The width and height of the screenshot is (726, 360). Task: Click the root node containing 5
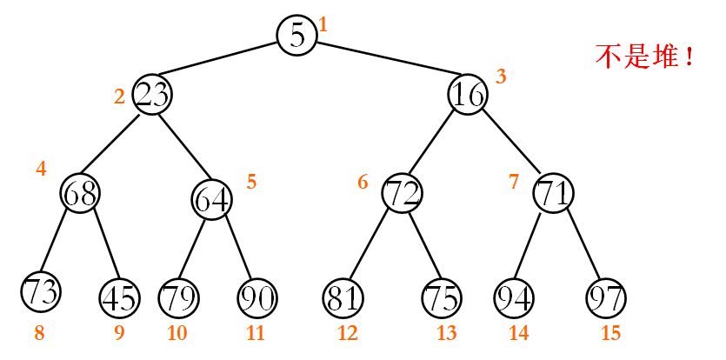[296, 35]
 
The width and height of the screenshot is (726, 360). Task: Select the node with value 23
[152, 94]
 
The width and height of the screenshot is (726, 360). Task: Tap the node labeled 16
[468, 94]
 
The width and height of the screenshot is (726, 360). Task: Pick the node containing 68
[80, 193]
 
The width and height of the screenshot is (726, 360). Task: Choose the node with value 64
[211, 199]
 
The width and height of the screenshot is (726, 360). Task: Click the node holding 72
[402, 193]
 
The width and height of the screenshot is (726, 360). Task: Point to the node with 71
[553, 193]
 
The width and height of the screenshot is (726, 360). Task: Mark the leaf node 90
[256, 298]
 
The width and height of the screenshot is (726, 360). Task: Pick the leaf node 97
[606, 298]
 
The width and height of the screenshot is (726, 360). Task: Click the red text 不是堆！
[645, 57]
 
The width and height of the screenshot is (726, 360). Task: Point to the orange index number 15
[611, 333]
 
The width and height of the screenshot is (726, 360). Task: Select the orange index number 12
[348, 333]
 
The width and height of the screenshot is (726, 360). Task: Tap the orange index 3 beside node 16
[501, 77]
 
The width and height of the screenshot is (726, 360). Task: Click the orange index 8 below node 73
[38, 332]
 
